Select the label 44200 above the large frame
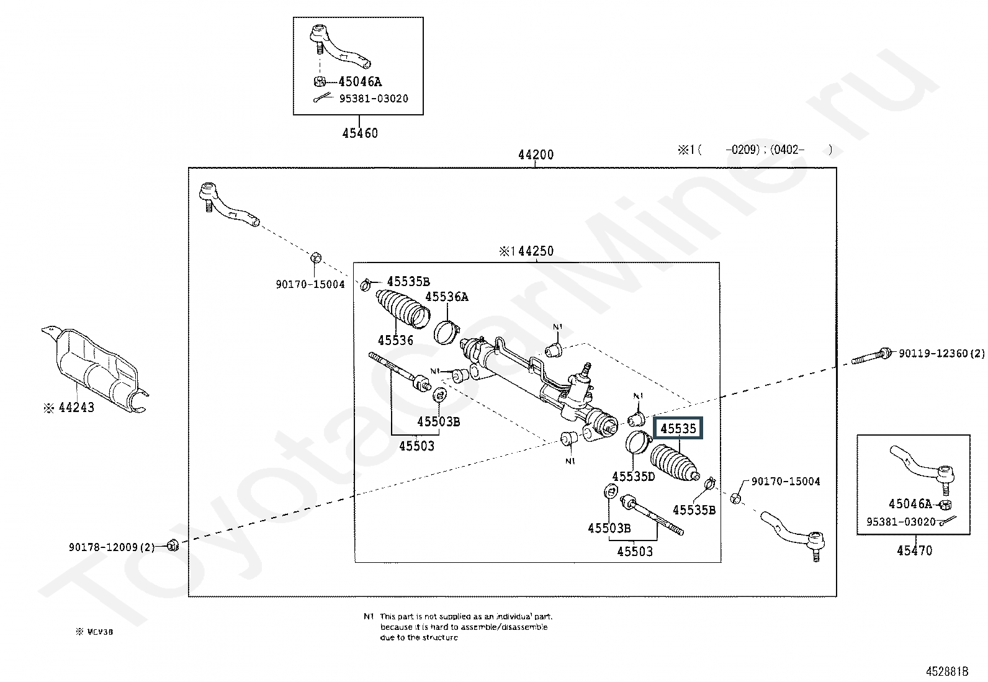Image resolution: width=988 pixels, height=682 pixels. pos(536,155)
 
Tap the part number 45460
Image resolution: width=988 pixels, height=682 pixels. pos(359,133)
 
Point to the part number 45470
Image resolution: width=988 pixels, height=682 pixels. pos(914,550)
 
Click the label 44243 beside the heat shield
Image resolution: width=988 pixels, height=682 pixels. pos(76,408)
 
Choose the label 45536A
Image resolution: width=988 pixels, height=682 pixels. pos(446,297)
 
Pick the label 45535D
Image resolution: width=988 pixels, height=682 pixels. pos(633,476)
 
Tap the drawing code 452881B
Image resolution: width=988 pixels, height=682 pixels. pos(947,671)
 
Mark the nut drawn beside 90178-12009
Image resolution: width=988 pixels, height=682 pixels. pos(173,545)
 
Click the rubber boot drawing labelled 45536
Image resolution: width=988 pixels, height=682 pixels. pos(402,308)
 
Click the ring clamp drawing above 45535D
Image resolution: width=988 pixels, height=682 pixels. pos(637,442)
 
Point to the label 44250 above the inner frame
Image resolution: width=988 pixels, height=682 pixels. pos(526,251)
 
